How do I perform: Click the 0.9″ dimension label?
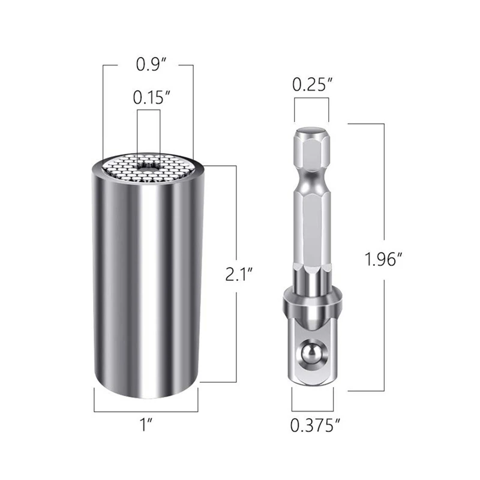pyautogui.click(x=151, y=65)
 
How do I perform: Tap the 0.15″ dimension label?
pyautogui.click(x=152, y=97)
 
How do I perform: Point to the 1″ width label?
pyautogui.click(x=146, y=425)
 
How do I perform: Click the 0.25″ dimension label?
pyautogui.click(x=312, y=84)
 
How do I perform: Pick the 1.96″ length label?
pyautogui.click(x=383, y=259)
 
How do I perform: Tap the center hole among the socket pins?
pyautogui.click(x=149, y=168)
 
